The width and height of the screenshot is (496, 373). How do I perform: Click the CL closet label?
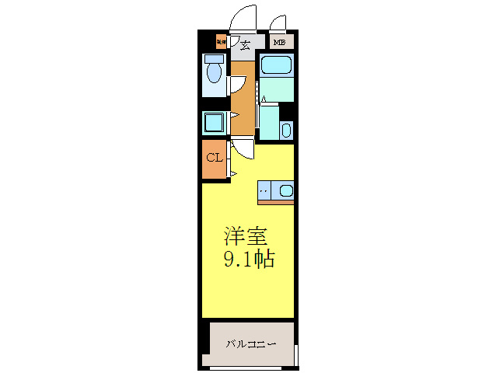[x=214, y=158]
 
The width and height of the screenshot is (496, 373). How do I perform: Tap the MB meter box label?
[x=278, y=43]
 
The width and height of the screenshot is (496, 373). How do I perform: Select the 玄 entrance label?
[x=244, y=45]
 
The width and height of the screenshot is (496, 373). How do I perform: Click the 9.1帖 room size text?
[x=248, y=260]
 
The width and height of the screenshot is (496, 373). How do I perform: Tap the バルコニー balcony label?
[x=251, y=343]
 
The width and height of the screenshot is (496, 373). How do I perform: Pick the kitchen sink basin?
[x=285, y=190]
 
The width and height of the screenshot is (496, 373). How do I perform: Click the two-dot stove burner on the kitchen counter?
[x=264, y=190]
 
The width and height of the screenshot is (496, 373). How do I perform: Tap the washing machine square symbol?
[x=213, y=122]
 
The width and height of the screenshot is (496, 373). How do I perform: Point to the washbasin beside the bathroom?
[x=285, y=130]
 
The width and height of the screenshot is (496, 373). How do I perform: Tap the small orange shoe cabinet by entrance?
[x=221, y=42]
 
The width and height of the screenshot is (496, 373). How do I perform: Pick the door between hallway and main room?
[x=242, y=147]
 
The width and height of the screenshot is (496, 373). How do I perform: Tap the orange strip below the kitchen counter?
[x=275, y=202]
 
